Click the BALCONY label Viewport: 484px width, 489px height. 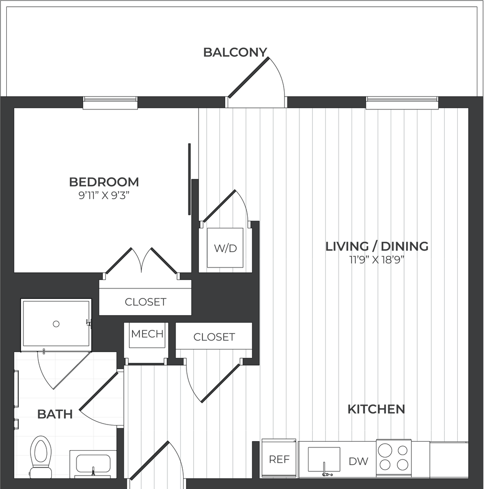(x=235, y=52)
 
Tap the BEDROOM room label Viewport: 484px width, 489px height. (x=104, y=182)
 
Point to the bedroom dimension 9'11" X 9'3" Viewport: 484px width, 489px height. (x=104, y=195)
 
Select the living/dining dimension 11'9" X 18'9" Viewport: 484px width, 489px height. (x=376, y=259)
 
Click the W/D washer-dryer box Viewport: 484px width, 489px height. (x=225, y=248)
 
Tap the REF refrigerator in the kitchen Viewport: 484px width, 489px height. (x=279, y=459)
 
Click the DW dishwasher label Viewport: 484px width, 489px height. (x=358, y=461)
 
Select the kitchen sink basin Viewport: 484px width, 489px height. (x=324, y=459)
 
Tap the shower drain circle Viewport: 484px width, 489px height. (x=56, y=324)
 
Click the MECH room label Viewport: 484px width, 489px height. (x=147, y=334)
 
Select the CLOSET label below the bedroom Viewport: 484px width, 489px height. (x=145, y=302)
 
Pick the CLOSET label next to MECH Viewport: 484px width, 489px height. (x=214, y=337)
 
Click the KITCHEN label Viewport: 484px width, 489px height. (x=376, y=409)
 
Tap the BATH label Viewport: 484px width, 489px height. (x=55, y=414)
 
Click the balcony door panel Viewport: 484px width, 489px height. (x=248, y=77)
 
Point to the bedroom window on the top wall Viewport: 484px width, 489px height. (x=110, y=103)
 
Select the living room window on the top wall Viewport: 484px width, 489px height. (x=402, y=103)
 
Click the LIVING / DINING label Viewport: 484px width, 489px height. (x=377, y=246)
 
